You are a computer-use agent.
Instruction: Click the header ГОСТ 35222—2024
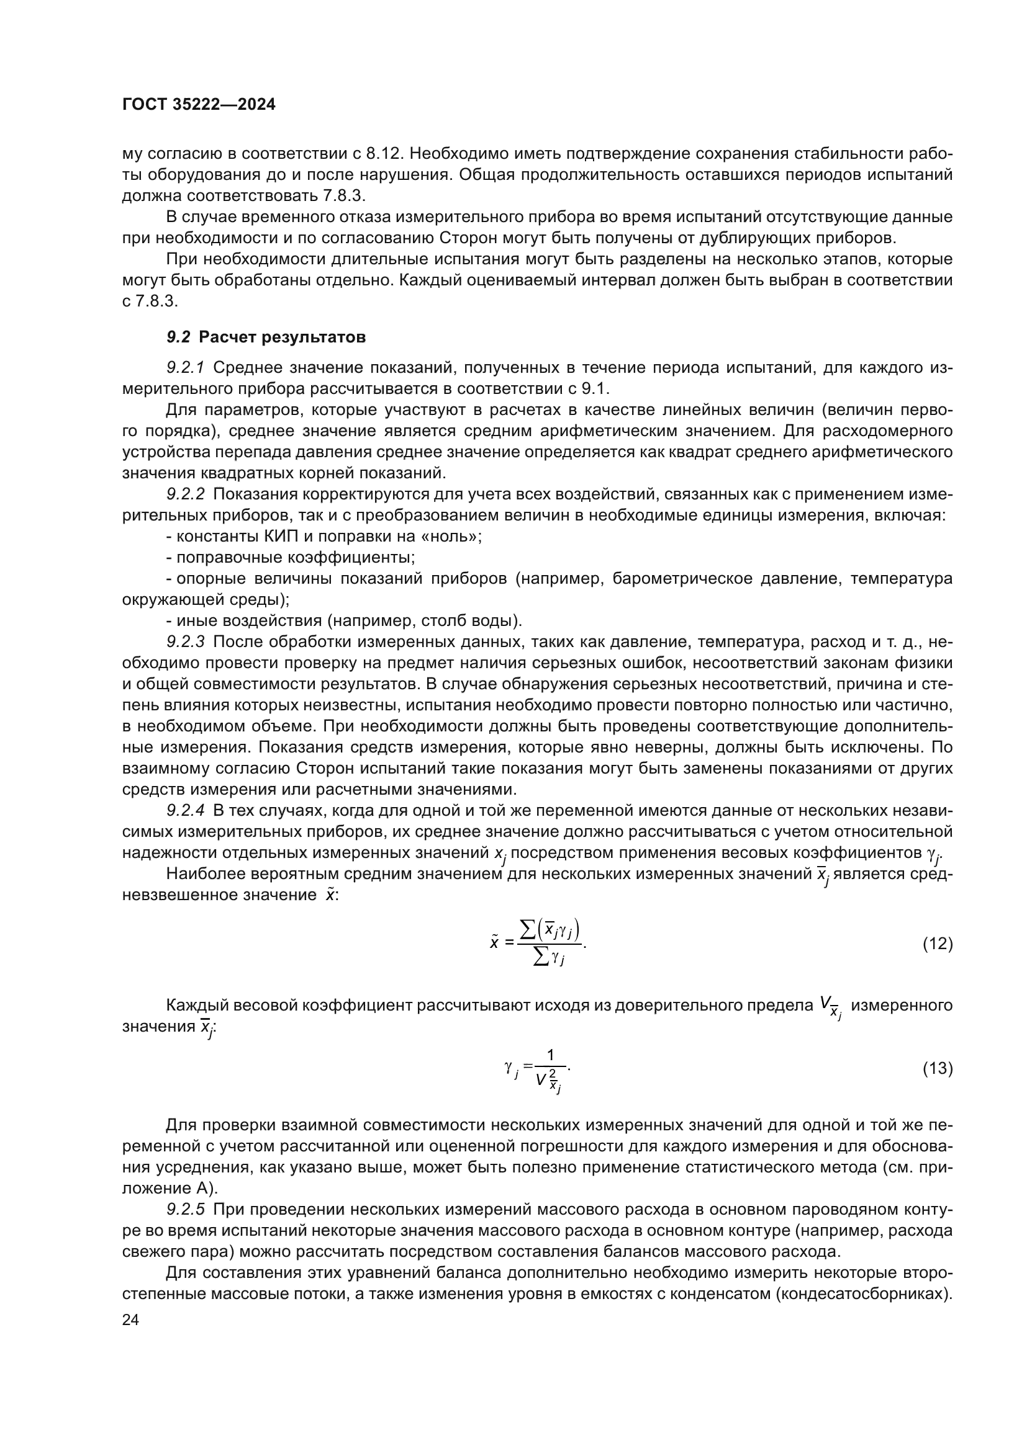point(199,105)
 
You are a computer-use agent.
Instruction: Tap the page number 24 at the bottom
point(130,1320)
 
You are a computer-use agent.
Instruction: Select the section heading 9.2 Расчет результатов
point(266,337)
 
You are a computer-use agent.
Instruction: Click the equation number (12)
point(936,944)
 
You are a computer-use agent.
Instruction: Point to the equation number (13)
point(936,1069)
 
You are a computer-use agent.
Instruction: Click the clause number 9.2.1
point(186,368)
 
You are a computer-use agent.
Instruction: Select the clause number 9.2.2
point(186,494)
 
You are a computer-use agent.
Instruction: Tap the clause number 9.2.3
point(186,642)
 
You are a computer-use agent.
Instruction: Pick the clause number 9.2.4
point(186,811)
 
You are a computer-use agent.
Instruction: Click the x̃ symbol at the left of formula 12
point(494,944)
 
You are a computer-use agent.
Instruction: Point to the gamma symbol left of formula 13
point(510,1068)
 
